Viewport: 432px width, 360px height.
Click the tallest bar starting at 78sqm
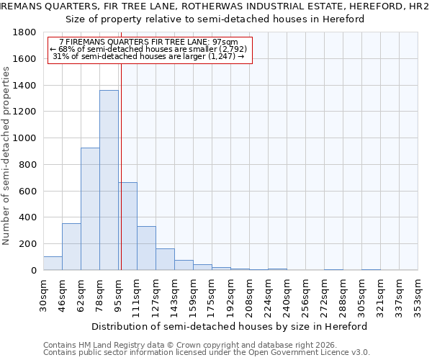click(x=109, y=180)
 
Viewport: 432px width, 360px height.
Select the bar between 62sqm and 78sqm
click(x=90, y=209)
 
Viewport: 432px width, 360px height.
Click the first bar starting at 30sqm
click(x=53, y=264)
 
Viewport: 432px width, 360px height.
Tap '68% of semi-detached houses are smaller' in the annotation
click(x=150, y=49)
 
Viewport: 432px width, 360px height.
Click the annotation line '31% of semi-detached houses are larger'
click(x=150, y=56)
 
